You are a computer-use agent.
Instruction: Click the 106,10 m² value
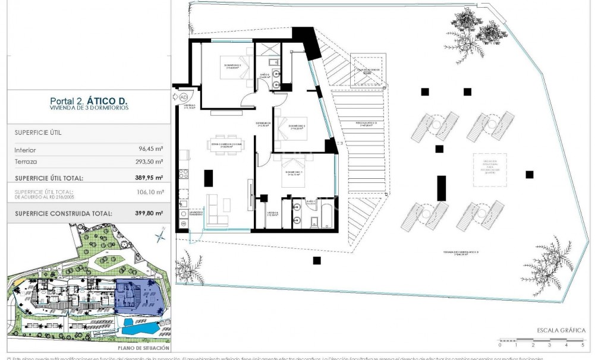tap(151, 192)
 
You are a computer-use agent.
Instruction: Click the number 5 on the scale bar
tap(583, 345)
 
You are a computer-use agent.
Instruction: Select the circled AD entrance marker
tap(183, 96)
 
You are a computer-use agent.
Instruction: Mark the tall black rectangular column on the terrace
tap(441, 188)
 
